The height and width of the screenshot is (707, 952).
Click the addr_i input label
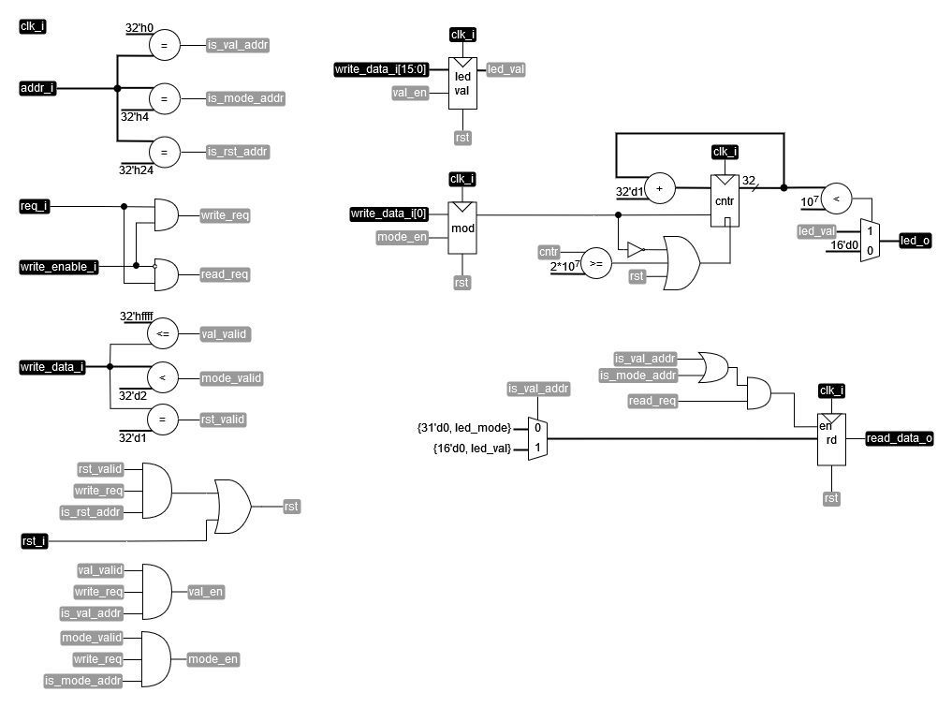coord(38,89)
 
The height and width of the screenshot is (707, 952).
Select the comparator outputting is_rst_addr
coord(164,152)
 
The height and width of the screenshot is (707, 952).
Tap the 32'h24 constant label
coord(137,170)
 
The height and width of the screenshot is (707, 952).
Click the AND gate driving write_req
coord(165,215)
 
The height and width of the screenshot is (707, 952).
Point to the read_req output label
coord(225,274)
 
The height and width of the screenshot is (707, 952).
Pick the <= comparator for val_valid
coord(163,333)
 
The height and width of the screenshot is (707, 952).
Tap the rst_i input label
coord(35,540)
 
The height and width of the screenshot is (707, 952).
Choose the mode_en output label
coord(213,658)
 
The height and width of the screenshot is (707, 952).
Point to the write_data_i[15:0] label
coord(382,69)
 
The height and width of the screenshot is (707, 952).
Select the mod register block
coord(462,227)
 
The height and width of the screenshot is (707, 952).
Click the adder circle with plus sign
coord(659,188)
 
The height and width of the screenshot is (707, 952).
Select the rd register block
coord(830,439)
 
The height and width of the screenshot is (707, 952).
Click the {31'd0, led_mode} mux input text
coord(464,428)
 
